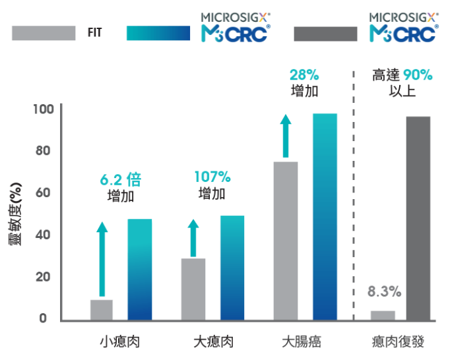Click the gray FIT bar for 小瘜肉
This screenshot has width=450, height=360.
[102, 310]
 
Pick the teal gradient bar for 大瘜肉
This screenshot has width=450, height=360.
[232, 268]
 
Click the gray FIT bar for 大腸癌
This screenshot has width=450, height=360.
[285, 241]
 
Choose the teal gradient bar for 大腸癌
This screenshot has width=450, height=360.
[324, 217]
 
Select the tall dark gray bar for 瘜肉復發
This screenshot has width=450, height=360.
[418, 218]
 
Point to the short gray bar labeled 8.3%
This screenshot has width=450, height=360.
[383, 315]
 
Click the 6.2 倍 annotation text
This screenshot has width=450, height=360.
[120, 179]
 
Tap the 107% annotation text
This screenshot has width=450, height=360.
[212, 177]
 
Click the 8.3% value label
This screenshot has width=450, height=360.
[384, 291]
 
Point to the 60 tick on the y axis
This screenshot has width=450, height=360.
[41, 193]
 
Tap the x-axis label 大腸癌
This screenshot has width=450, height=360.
[302, 342]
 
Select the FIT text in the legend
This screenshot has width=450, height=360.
[94, 32]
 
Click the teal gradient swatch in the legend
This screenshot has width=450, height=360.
[158, 33]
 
